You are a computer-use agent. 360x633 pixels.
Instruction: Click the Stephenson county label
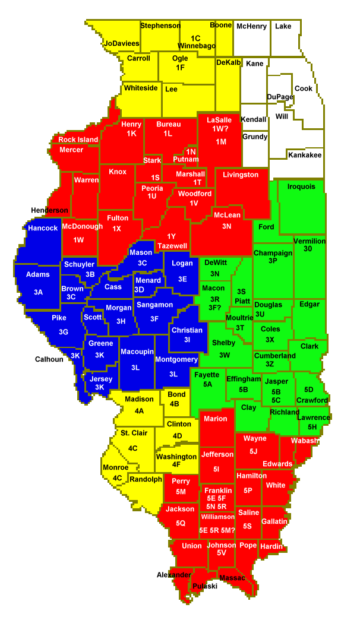point(160,26)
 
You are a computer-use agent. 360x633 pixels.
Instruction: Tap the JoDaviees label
point(122,43)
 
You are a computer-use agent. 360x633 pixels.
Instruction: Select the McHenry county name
point(251,26)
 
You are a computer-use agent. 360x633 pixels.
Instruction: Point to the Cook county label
point(304,88)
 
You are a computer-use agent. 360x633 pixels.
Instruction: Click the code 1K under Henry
point(131,134)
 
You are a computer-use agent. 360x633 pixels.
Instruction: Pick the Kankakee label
point(305,155)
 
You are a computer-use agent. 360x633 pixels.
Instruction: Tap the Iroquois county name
point(301,186)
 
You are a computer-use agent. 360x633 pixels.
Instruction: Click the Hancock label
point(43,228)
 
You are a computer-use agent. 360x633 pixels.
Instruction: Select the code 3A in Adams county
point(39,292)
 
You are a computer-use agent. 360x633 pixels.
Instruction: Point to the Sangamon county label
point(154,305)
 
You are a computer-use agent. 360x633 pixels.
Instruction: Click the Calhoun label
point(49,359)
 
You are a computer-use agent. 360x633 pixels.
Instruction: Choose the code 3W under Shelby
point(224,355)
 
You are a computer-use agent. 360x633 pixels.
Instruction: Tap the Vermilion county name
point(310,241)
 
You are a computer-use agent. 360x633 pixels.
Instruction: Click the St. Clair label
point(134,433)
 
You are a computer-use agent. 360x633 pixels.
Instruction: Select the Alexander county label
point(173,575)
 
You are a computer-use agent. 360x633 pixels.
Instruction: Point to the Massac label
point(232,577)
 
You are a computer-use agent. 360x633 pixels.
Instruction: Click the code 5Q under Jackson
point(180,523)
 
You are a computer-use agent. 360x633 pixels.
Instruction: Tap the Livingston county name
point(241,175)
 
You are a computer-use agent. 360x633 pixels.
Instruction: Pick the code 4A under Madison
point(139,410)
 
